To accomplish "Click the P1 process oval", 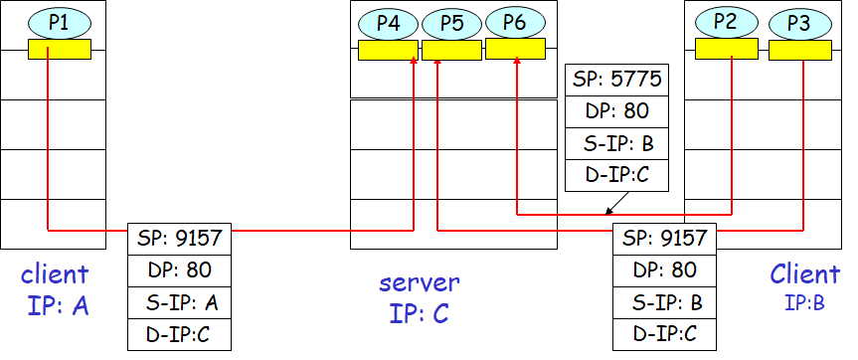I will (x=59, y=21).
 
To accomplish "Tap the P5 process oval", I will (x=451, y=22).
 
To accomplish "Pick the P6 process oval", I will (x=515, y=22).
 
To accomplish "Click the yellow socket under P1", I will (x=59, y=49).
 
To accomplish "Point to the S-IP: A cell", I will (x=179, y=301).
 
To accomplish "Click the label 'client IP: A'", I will (x=55, y=289).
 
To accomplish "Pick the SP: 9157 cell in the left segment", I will (x=179, y=238).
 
